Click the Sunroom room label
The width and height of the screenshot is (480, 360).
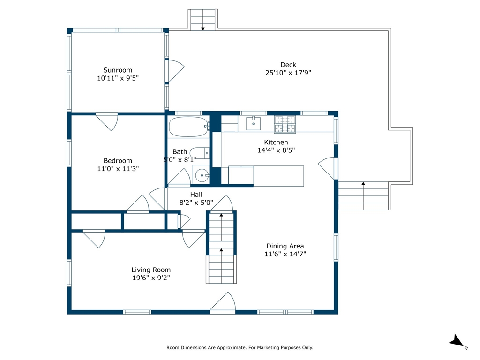(x=118, y=70)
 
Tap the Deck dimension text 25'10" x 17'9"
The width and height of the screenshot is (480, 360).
(x=288, y=73)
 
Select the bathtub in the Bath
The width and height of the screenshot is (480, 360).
(x=189, y=127)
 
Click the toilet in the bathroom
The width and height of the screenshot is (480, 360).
(x=200, y=153)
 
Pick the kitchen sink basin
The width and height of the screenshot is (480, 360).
(x=254, y=123)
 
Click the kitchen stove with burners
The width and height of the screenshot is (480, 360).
(x=285, y=124)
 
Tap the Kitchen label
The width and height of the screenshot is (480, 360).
(x=276, y=142)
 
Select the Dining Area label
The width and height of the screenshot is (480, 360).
(x=285, y=246)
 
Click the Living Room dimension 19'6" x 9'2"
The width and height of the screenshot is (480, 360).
(x=151, y=278)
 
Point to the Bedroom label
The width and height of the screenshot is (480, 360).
(x=118, y=161)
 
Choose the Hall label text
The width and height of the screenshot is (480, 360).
(x=196, y=195)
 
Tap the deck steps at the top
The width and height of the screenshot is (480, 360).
(x=202, y=20)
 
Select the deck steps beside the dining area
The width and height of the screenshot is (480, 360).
(x=363, y=195)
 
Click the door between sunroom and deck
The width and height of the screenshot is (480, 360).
(x=175, y=71)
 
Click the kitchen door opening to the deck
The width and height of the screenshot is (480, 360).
(x=328, y=168)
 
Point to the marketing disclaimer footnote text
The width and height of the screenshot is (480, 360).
(x=240, y=347)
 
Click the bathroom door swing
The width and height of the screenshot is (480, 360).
(x=180, y=177)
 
